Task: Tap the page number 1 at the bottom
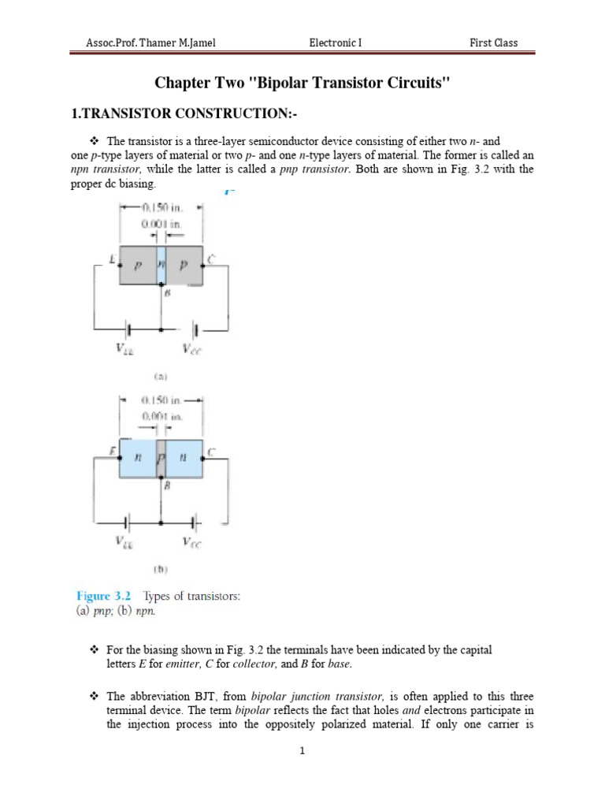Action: pyautogui.click(x=302, y=751)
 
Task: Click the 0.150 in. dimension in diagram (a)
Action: pyautogui.click(x=162, y=208)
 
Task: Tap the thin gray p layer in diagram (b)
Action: pyautogui.click(x=161, y=457)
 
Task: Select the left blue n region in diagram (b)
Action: pyautogui.click(x=138, y=457)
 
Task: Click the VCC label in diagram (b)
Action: pyautogui.click(x=191, y=542)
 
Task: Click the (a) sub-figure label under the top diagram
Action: pyautogui.click(x=160, y=377)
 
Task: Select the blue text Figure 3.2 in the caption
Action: pyautogui.click(x=103, y=597)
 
